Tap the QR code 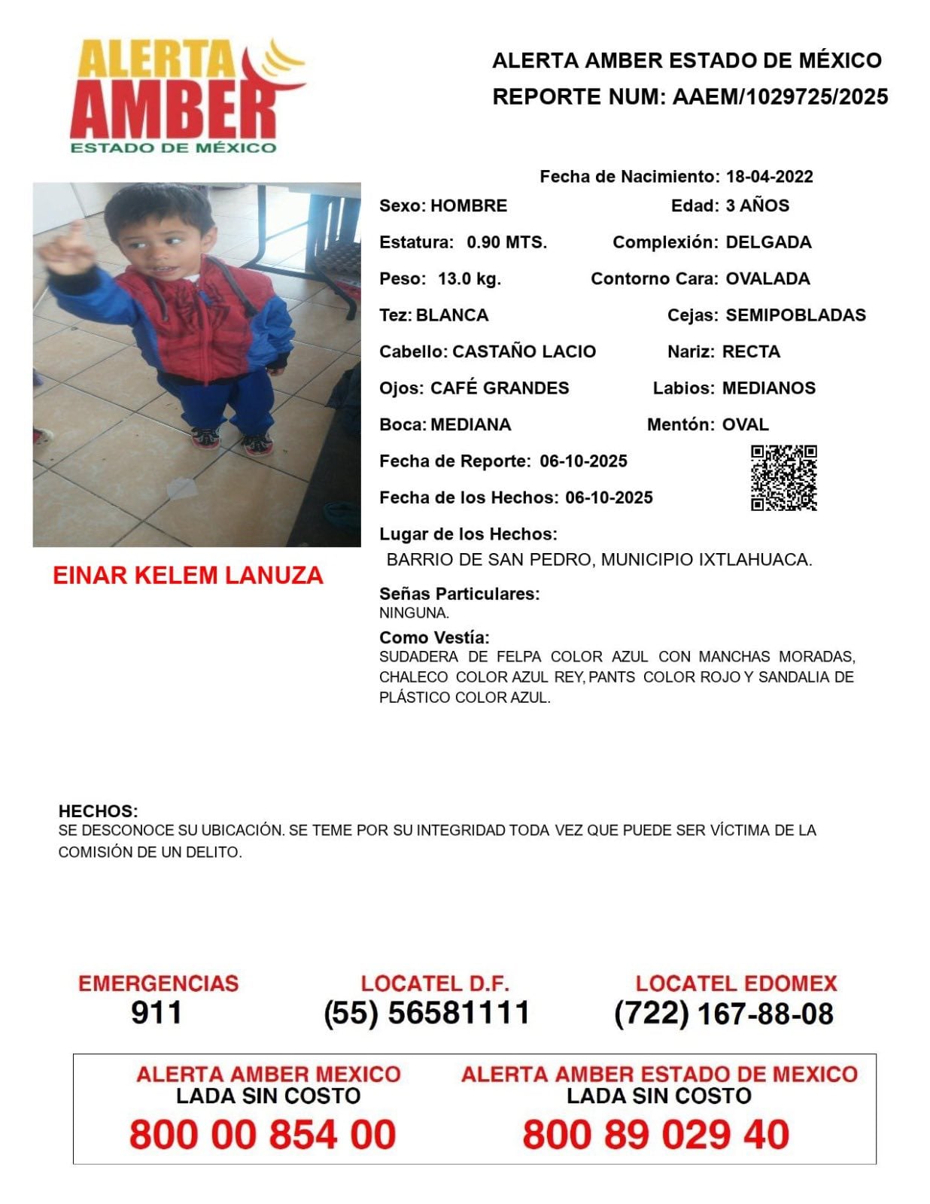[783, 478]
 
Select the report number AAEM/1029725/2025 [780, 97]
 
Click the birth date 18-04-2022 [769, 177]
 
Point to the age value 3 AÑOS [757, 206]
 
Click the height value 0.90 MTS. [506, 242]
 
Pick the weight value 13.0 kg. [469, 279]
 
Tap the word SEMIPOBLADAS [795, 315]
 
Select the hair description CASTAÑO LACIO [524, 351]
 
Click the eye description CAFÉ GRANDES [500, 388]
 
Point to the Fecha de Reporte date [583, 461]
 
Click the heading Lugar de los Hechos [468, 534]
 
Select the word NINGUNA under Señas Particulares [414, 613]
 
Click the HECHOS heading [98, 811]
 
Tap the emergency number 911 [157, 1013]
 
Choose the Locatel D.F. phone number [427, 1013]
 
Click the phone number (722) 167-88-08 [723, 1014]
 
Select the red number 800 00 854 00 [263, 1134]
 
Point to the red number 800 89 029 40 [655, 1134]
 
